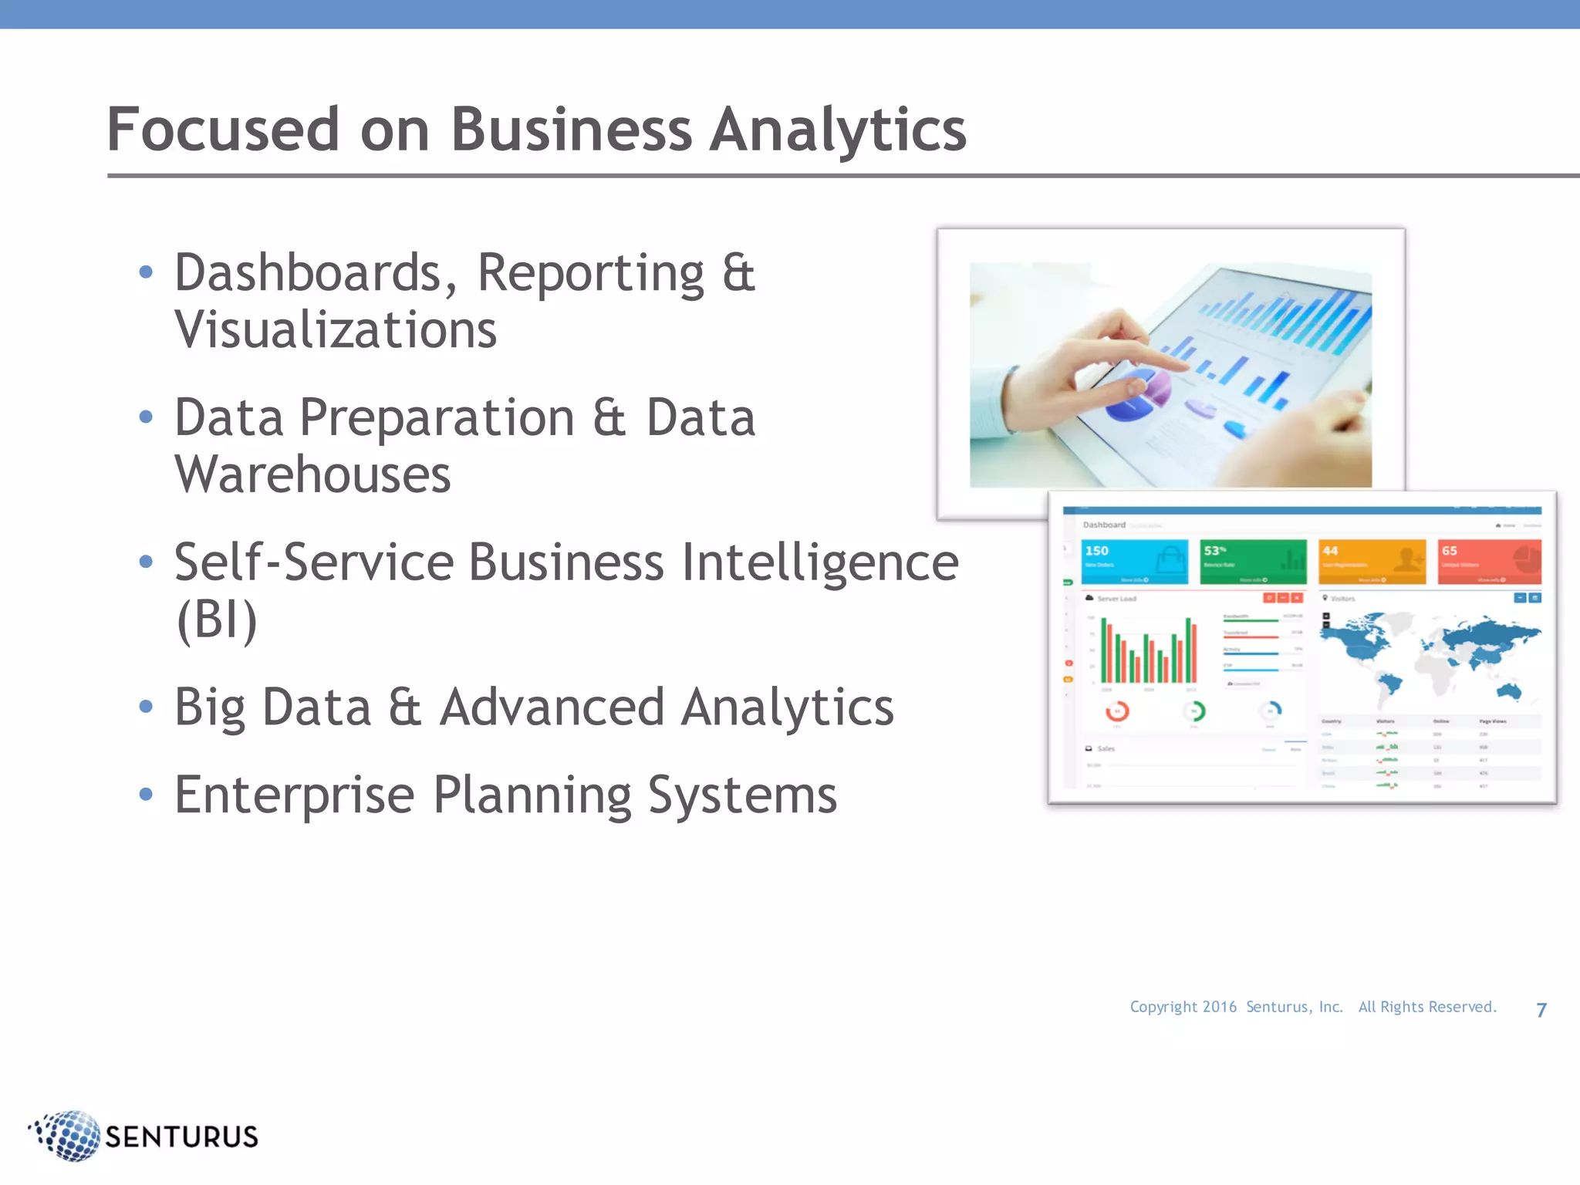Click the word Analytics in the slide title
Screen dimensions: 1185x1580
pos(837,130)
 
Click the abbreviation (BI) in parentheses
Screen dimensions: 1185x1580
pos(216,619)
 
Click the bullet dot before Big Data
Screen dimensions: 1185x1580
pos(146,707)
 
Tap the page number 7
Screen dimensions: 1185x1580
pos(1541,1010)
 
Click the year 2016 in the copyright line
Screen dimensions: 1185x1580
pos(1219,1007)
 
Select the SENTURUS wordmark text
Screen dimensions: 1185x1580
pos(181,1137)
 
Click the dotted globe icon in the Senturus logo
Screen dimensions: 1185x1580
pos(68,1136)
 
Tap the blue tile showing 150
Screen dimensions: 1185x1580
pos(1134,562)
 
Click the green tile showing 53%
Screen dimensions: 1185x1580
pos(1253,562)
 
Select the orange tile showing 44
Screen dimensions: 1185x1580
pos(1372,562)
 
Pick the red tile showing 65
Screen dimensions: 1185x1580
pos(1489,562)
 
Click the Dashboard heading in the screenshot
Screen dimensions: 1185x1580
pos(1104,525)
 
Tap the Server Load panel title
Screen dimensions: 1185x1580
pos(1116,599)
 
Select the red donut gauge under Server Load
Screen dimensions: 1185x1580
pos(1117,711)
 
